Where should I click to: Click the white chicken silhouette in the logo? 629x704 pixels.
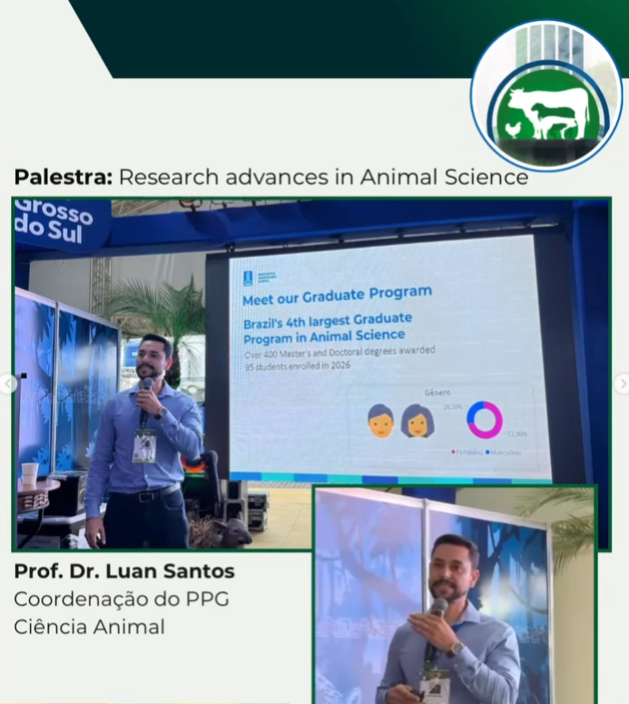point(515,129)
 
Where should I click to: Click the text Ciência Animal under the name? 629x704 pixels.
point(89,627)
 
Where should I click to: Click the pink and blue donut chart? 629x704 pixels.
point(485,419)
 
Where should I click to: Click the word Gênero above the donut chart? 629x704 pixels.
point(437,394)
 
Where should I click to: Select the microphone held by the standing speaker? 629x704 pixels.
point(145,391)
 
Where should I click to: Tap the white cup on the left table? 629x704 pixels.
point(30,473)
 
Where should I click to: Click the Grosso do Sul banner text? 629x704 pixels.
point(54,220)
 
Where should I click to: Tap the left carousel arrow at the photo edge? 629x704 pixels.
point(8,384)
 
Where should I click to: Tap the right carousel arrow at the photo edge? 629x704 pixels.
point(622,384)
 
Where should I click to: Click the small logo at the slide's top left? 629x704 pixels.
point(248,278)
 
